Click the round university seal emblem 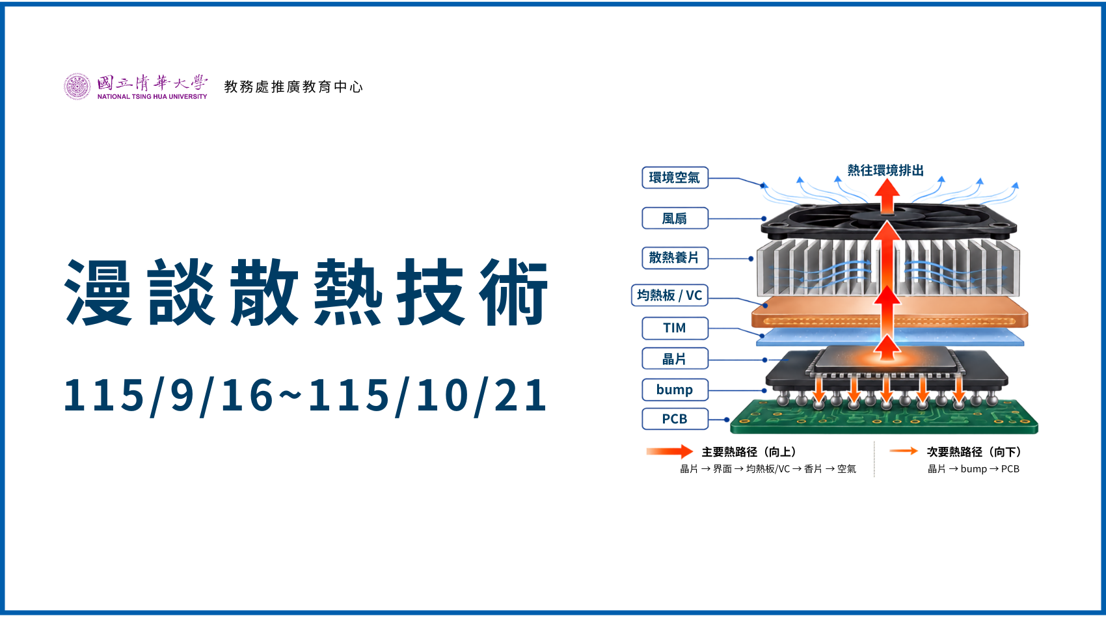[x=77, y=87]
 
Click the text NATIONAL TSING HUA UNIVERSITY [x=152, y=97]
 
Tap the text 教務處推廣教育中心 [x=294, y=87]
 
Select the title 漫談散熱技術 [x=306, y=292]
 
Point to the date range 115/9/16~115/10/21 [x=305, y=395]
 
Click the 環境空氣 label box [x=675, y=178]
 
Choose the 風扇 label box [x=675, y=218]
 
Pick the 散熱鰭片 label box [x=675, y=258]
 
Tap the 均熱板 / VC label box [x=670, y=295]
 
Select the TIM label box [x=675, y=329]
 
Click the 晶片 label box [x=675, y=359]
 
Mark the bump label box [x=675, y=390]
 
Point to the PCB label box [x=675, y=419]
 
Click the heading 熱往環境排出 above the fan [x=885, y=170]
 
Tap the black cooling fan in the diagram [x=889, y=222]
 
